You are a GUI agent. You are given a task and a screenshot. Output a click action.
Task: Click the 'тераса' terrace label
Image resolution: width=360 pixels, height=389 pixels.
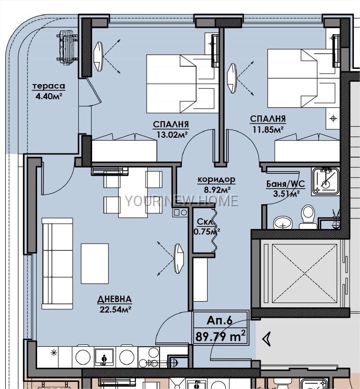(x=49, y=86)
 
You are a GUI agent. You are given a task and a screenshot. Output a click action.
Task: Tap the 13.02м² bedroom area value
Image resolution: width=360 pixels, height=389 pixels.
(x=171, y=134)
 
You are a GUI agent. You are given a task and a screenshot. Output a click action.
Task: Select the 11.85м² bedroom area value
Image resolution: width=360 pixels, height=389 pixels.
(x=268, y=129)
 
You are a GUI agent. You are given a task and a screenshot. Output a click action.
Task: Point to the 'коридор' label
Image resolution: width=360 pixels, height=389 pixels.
(x=217, y=179)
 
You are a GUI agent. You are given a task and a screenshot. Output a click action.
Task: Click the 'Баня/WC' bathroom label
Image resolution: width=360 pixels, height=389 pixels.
(x=285, y=184)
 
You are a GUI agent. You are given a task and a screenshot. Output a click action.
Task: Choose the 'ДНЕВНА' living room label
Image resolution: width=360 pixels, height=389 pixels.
(x=114, y=299)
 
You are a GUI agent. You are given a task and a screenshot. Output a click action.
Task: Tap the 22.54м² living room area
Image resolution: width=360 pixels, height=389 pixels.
(x=115, y=309)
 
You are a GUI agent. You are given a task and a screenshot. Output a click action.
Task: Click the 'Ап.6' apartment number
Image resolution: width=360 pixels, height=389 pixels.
(x=219, y=321)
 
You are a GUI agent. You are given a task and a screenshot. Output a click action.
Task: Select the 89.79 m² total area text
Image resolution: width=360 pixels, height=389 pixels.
(x=220, y=336)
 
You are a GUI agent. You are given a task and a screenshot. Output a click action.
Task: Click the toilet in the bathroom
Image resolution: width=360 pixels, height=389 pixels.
(x=308, y=216)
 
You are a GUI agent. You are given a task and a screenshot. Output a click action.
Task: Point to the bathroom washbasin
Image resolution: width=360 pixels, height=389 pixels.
(x=283, y=223)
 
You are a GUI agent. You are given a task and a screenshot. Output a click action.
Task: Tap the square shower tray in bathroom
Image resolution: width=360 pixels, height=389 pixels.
(x=325, y=181)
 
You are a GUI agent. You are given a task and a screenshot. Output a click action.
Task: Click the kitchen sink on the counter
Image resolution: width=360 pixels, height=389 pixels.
(x=104, y=357)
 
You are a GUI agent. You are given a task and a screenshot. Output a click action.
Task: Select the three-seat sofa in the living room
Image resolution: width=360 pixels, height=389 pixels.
(x=57, y=264)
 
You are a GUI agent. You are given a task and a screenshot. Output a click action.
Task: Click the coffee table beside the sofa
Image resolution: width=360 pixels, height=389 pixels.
(x=95, y=264)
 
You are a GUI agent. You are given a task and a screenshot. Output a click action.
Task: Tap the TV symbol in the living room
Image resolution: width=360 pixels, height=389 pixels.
(x=179, y=258)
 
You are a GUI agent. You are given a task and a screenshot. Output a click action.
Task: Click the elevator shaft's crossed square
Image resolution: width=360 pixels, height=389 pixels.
(x=305, y=273)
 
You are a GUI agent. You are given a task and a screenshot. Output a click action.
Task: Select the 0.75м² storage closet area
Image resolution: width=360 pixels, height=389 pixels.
(x=207, y=231)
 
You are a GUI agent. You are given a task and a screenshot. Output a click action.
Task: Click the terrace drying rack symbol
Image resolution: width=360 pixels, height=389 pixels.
(x=67, y=47)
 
